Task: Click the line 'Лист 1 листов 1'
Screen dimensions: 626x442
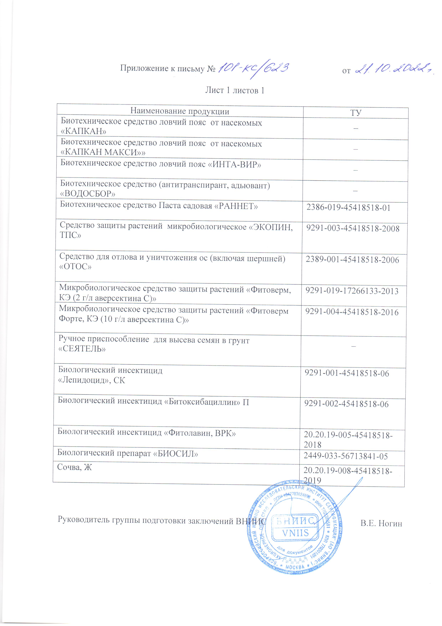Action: pyautogui.click(x=234, y=90)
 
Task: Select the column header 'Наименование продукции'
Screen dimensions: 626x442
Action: pyautogui.click(x=180, y=111)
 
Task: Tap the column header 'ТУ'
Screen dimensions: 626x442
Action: pyautogui.click(x=355, y=113)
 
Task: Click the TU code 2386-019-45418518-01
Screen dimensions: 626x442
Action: pyautogui.click(x=348, y=208)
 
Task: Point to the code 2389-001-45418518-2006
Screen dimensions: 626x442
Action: pyautogui.click(x=352, y=260)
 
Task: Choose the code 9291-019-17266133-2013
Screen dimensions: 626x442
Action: pyautogui.click(x=352, y=291)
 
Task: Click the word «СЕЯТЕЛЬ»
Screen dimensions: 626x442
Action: pyautogui.click(x=82, y=349)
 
